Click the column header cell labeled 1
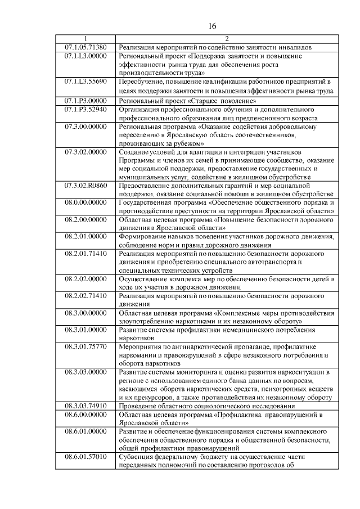pos(85,38)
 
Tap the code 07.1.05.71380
pos(85,47)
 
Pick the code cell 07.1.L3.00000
pos(85,56)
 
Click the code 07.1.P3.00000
pos(85,100)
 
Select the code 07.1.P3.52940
pos(85,109)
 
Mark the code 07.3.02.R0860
pos(85,184)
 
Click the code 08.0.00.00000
pos(85,202)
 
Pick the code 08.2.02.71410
pos(85,295)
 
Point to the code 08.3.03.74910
pos(85,406)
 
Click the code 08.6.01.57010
pos(85,457)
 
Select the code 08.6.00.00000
pos(85,414)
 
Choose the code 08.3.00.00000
pos(85,312)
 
